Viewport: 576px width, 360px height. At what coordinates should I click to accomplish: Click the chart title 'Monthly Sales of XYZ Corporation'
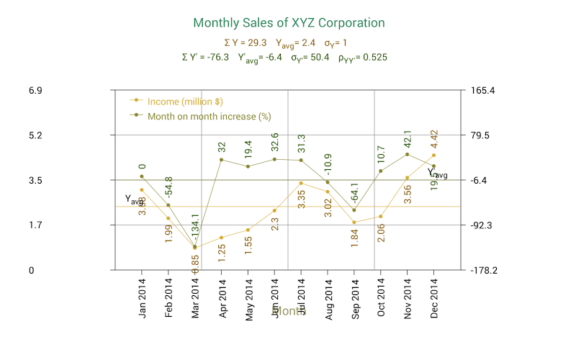[x=289, y=23]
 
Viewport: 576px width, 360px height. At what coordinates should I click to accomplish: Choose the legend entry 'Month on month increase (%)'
[x=209, y=115]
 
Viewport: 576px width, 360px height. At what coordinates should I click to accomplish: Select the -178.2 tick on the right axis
[x=480, y=271]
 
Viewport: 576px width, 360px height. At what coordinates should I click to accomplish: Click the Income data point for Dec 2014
[x=433, y=155]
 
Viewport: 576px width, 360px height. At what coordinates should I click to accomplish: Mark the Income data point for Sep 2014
[x=354, y=222]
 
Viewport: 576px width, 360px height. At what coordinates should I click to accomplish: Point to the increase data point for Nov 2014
[x=408, y=154]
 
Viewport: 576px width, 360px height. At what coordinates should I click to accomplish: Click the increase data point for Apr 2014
[x=222, y=160]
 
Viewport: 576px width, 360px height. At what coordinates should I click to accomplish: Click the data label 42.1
[x=408, y=139]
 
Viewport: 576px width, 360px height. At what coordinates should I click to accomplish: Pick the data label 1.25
[x=222, y=252]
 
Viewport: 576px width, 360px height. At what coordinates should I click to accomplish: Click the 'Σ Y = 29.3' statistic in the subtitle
[x=246, y=42]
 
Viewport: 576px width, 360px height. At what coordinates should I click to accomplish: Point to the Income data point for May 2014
[x=248, y=230]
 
